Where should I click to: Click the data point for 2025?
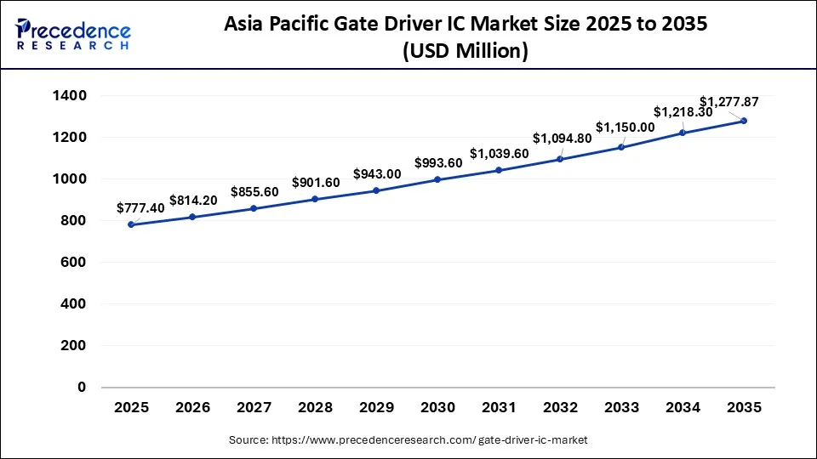pyautogui.click(x=131, y=224)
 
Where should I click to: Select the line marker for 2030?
pyautogui.click(x=437, y=179)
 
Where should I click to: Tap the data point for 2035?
pyautogui.click(x=744, y=121)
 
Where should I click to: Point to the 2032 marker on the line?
pyautogui.click(x=560, y=159)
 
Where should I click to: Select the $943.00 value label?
pyautogui.click(x=377, y=173)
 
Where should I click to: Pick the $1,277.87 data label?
pyautogui.click(x=728, y=101)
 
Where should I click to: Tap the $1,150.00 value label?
pyautogui.click(x=625, y=127)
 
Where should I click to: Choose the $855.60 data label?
pyautogui.click(x=254, y=192)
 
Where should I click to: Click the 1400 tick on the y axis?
pyautogui.click(x=70, y=95)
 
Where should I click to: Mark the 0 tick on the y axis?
pyautogui.click(x=83, y=387)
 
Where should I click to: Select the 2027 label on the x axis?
pyautogui.click(x=254, y=408)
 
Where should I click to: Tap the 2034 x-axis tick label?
pyautogui.click(x=683, y=408)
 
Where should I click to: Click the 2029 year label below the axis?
pyautogui.click(x=376, y=408)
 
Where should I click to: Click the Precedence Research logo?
pyautogui.click(x=73, y=34)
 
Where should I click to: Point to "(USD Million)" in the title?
pyautogui.click(x=465, y=51)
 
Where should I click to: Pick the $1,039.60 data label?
pyautogui.click(x=500, y=153)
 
